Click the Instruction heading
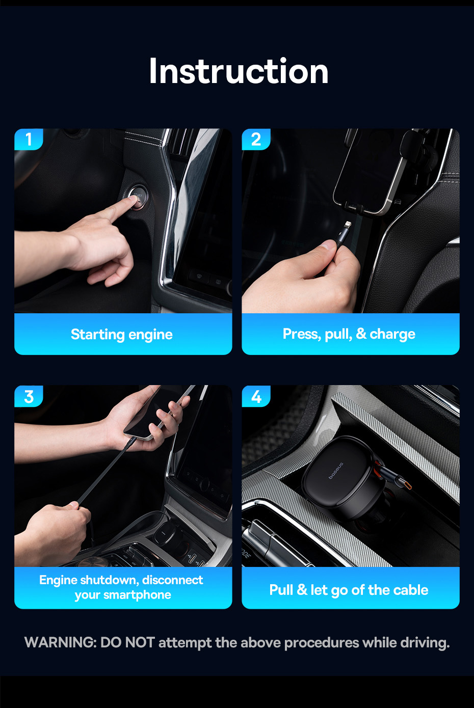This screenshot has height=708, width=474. tap(239, 71)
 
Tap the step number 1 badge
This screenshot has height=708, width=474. tap(29, 139)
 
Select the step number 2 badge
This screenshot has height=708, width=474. tap(256, 139)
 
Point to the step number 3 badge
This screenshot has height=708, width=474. tap(29, 396)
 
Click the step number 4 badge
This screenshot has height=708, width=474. tap(256, 396)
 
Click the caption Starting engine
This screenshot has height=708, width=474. tap(122, 335)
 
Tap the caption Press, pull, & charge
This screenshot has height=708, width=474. tap(349, 334)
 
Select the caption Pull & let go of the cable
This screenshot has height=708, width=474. tap(349, 590)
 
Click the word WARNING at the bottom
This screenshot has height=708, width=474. tap(60, 642)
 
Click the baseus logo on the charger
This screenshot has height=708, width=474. tap(336, 471)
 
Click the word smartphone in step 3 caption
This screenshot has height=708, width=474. tap(137, 595)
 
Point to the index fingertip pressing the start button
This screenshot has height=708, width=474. tap(136, 200)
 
